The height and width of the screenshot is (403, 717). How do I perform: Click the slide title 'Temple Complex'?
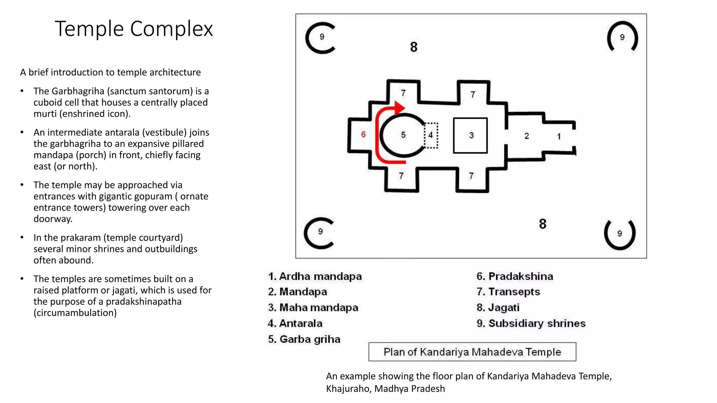pyautogui.click(x=134, y=29)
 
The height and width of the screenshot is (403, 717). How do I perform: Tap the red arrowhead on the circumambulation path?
pyautogui.click(x=399, y=108)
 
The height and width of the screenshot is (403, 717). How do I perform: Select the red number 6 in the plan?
pyautogui.click(x=363, y=134)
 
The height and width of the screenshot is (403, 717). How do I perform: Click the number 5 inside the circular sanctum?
pyautogui.click(x=403, y=135)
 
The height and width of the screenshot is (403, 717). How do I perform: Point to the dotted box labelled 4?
pyautogui.click(x=431, y=135)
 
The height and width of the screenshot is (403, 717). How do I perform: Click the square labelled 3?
pyautogui.click(x=470, y=136)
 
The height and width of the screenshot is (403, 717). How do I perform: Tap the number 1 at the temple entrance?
pyautogui.click(x=559, y=136)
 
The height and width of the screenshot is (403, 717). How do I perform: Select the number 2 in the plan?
pyautogui.click(x=527, y=136)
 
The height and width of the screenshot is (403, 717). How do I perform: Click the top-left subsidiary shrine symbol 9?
pyautogui.click(x=321, y=38)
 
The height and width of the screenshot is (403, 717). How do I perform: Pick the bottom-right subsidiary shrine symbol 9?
pyautogui.click(x=620, y=234)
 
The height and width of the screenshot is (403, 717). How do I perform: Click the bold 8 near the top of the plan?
pyautogui.click(x=414, y=47)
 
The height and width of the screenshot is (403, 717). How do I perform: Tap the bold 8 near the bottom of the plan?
pyautogui.click(x=543, y=224)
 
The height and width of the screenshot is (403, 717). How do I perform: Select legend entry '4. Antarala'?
pyautogui.click(x=295, y=324)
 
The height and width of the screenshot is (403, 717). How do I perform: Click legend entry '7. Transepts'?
pyautogui.click(x=508, y=292)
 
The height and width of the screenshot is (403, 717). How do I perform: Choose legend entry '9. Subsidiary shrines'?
pyautogui.click(x=531, y=324)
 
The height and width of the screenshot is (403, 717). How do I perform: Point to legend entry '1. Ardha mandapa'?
pyautogui.click(x=315, y=276)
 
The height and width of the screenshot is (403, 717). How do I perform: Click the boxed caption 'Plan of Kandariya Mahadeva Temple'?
pyautogui.click(x=472, y=352)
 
